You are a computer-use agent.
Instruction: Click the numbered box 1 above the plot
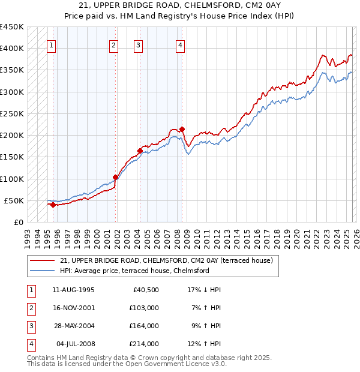pos(51,44)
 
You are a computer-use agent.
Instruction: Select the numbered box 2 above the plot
pos(114,44)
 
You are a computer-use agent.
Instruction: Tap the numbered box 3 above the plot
pos(138,44)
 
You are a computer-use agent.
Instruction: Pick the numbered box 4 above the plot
pos(180,44)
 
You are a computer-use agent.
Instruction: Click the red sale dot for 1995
pos(53,205)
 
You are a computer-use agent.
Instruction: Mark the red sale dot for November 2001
pos(115,177)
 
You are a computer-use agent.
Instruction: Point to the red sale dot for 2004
pos(140,151)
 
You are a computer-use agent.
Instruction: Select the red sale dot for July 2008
pos(182,129)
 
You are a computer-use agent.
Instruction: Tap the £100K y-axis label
pos(12,179)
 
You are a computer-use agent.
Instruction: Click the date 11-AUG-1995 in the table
pos(73,290)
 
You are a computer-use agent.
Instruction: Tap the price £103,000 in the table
pos(144,308)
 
